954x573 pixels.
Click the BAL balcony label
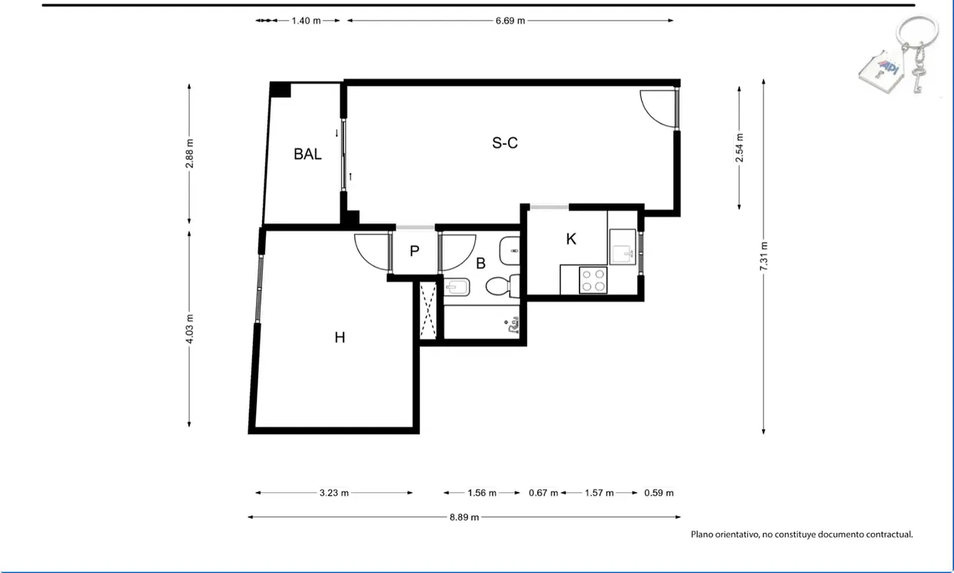pyautogui.click(x=307, y=154)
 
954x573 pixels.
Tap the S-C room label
pyautogui.click(x=505, y=143)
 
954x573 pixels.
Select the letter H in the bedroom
pyautogui.click(x=340, y=338)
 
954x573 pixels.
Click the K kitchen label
pyautogui.click(x=571, y=239)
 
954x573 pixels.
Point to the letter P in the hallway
pyautogui.click(x=414, y=251)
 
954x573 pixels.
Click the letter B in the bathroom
pyautogui.click(x=480, y=263)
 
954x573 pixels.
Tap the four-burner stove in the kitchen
pyautogui.click(x=593, y=280)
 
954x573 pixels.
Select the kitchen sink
pyautogui.click(x=622, y=247)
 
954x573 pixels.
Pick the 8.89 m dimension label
pyautogui.click(x=464, y=517)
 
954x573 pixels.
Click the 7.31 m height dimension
pyautogui.click(x=763, y=256)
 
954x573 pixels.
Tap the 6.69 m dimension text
pyautogui.click(x=510, y=21)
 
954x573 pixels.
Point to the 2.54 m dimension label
pyautogui.click(x=740, y=147)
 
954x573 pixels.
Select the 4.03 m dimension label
pyautogui.click(x=190, y=329)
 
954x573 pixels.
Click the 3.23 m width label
pyautogui.click(x=334, y=493)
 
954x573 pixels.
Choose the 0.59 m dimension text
pyautogui.click(x=659, y=493)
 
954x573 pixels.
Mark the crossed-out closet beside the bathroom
pyautogui.click(x=428, y=310)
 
